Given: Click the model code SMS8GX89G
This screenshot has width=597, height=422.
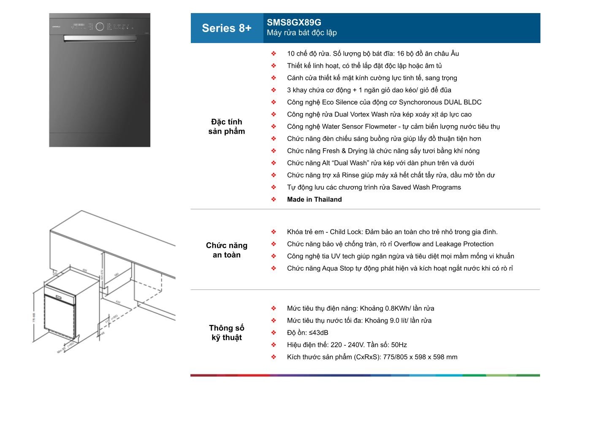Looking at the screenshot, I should point(293,22).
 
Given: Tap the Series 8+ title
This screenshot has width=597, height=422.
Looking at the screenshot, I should point(226,28).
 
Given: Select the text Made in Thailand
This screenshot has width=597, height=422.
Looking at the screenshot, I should point(314,200).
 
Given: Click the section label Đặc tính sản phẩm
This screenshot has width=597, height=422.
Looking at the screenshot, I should point(226,127).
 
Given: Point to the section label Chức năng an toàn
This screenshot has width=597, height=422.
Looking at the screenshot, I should point(226,250).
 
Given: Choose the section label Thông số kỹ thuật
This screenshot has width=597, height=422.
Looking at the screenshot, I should point(226,333).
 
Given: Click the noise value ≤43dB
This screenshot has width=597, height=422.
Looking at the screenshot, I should point(319,333).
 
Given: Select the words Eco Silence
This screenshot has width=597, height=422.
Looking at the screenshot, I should point(339,102).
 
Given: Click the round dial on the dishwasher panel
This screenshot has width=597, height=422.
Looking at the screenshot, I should point(100,27).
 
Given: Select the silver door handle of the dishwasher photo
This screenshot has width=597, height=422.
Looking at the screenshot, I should point(100,38).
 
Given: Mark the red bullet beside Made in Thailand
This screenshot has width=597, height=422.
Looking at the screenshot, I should point(274,200).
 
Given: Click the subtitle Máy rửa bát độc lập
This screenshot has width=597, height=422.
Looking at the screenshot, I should point(301,33).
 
